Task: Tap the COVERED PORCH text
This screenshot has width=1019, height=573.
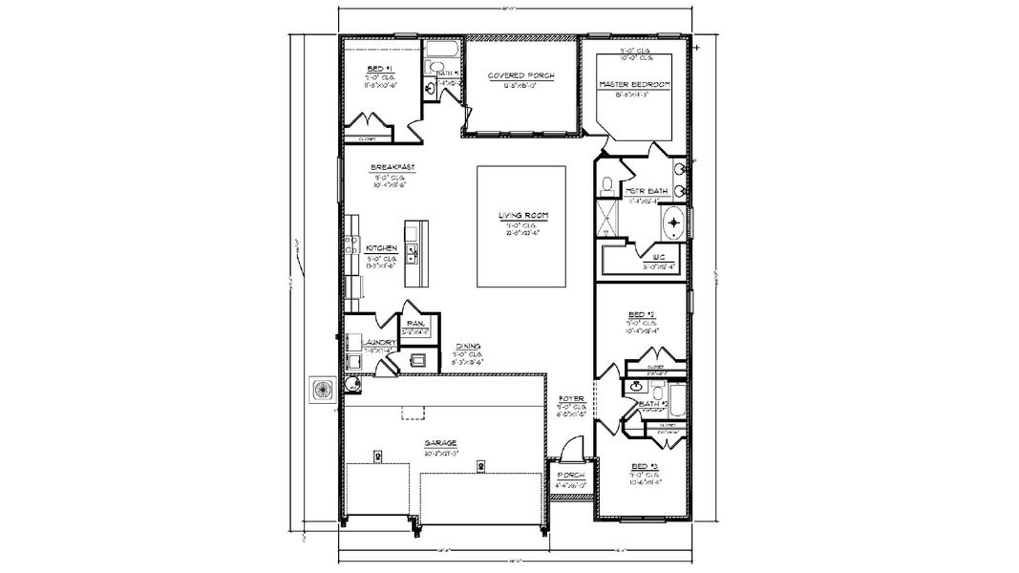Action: point(520,75)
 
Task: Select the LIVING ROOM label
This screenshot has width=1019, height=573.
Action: point(522,216)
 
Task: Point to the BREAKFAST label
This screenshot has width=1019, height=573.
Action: point(391,167)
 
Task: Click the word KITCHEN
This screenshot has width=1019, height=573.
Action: point(381,248)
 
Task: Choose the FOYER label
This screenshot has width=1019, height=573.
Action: point(571,398)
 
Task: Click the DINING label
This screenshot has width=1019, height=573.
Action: point(467,347)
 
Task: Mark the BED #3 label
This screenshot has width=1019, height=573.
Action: point(641,467)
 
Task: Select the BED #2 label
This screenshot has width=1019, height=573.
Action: point(641,314)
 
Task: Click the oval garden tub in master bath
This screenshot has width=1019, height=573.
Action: point(673,223)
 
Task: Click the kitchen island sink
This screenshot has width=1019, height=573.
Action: point(414,252)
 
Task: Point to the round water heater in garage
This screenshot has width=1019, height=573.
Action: point(352,385)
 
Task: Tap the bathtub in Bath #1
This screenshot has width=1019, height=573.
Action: point(444,50)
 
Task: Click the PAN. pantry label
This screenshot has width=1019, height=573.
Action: point(415,324)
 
